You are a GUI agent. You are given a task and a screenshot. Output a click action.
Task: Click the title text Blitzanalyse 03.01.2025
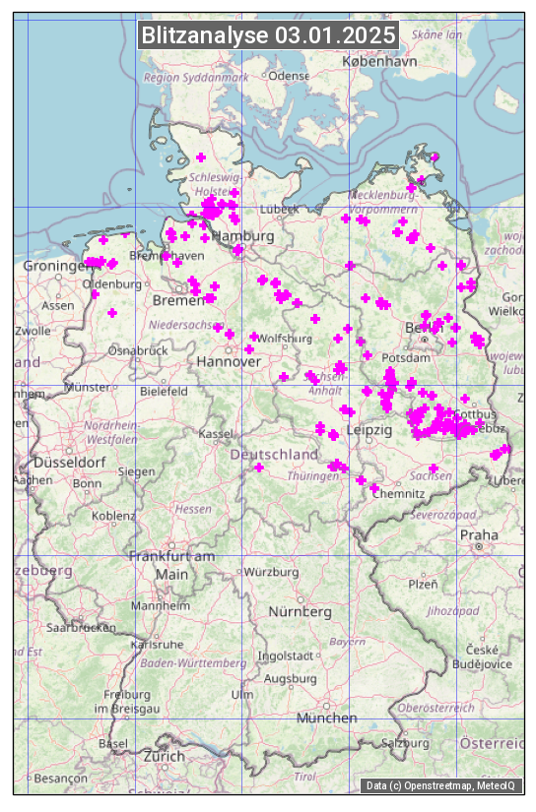click(268, 35)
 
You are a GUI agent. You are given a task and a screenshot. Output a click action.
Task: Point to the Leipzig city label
click(369, 431)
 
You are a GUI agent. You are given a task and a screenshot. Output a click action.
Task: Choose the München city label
click(326, 718)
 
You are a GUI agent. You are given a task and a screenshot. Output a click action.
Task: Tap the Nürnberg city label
click(301, 611)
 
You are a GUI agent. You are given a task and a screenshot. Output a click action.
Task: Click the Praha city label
click(479, 534)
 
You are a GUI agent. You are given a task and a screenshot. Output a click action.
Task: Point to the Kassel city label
click(215, 433)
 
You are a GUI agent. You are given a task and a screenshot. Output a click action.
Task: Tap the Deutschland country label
click(274, 455)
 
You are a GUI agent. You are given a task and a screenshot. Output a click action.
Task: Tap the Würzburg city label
click(271, 572)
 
